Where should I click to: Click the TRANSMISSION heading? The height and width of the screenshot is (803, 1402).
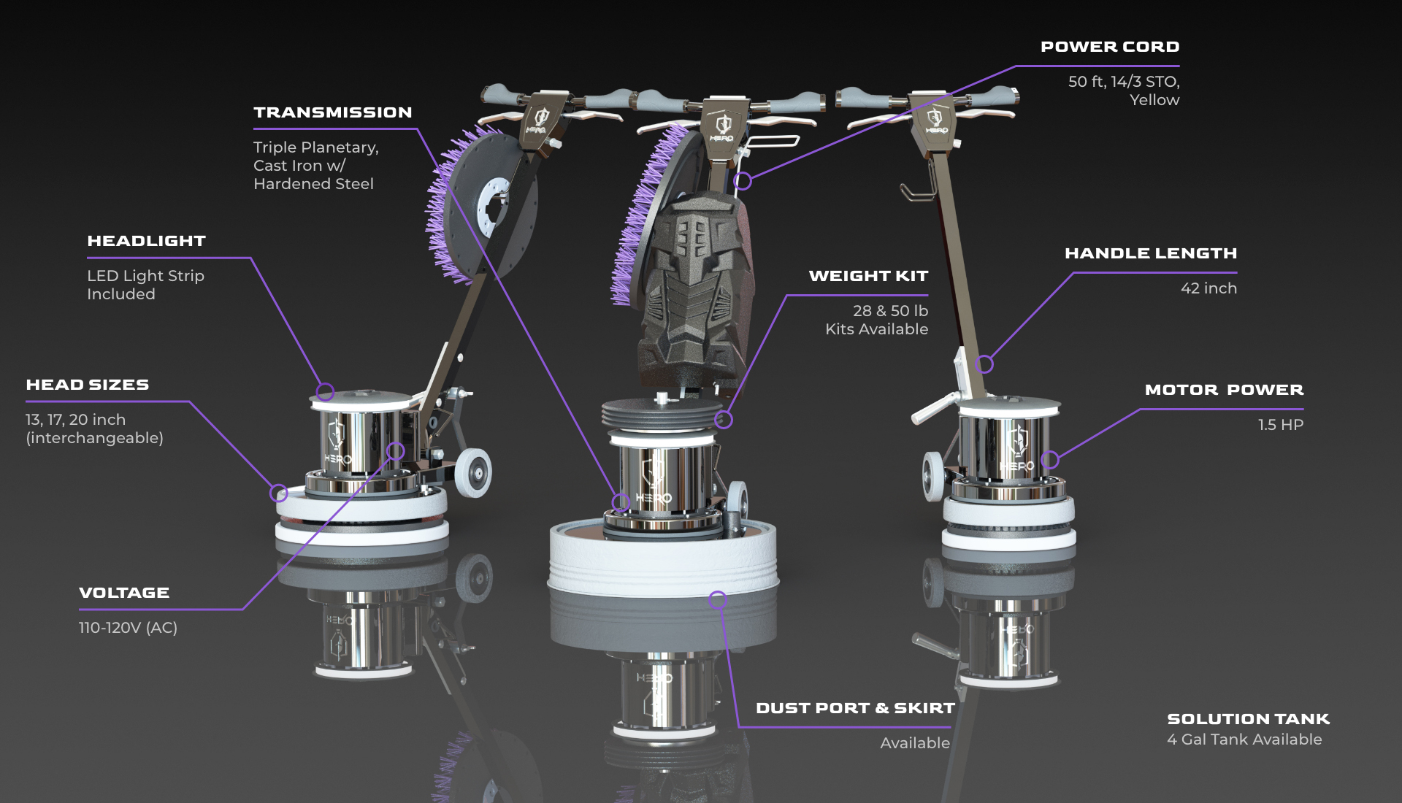coord(333,112)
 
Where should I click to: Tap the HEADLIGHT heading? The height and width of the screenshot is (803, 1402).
coord(146,241)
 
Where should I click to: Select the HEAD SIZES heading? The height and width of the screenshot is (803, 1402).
coord(88,385)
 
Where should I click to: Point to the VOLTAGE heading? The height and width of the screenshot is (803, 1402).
coord(124,593)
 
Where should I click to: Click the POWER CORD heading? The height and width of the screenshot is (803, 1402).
coord(1110,47)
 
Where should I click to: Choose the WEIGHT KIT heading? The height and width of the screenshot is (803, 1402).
coord(868,276)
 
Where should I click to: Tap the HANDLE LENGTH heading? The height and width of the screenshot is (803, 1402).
coord(1151,253)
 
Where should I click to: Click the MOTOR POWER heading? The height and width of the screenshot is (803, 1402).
coord(1224,390)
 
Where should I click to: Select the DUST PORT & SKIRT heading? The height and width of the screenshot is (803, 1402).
coord(855,708)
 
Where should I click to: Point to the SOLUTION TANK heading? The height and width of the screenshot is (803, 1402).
coord(1249,719)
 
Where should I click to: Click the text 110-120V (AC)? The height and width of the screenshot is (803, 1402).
coord(128,628)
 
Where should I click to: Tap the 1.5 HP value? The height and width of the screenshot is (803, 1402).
coord(1281,425)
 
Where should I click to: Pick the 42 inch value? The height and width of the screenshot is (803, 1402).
coord(1209,288)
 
